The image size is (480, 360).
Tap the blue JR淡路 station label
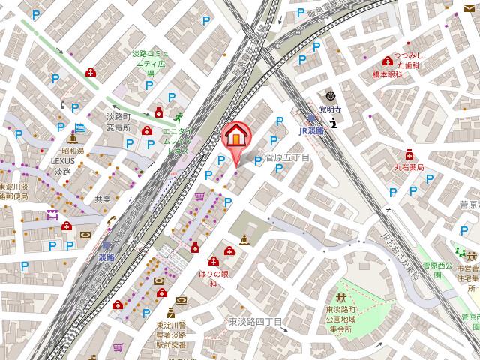pos(310,130)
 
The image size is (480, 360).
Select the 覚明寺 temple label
pos(330,109)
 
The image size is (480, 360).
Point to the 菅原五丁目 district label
pos(287,157)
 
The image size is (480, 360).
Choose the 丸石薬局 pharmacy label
pos(409,167)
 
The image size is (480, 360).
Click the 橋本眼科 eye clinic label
pos(390,75)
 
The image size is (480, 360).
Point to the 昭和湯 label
pos(73,151)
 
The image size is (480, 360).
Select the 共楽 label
pos(103,199)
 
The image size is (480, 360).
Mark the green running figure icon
pos(178,118)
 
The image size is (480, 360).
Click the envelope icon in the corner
pos(470,8)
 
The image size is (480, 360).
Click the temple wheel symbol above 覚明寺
pos(330,96)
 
